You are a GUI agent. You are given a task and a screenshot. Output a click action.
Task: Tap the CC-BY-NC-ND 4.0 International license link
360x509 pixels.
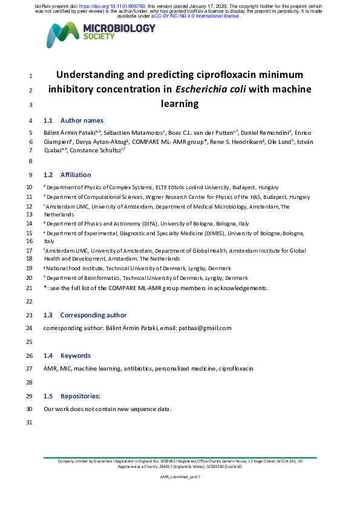tap(197, 16)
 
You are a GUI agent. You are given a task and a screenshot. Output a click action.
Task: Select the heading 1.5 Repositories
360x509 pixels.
tap(72, 396)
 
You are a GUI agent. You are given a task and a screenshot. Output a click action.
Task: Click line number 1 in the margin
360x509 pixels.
tap(30, 76)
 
